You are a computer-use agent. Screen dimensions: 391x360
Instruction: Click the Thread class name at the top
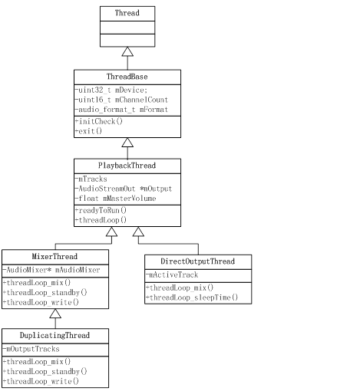127,13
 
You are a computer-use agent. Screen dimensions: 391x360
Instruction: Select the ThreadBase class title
127,77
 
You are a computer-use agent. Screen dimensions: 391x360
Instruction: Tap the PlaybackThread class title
127,166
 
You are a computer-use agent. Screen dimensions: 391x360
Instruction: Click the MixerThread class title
55,257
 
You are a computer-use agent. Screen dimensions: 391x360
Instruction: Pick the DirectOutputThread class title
197,262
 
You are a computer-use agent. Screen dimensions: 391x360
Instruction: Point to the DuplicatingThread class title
55,336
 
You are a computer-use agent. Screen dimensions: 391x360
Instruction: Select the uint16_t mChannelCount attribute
121,100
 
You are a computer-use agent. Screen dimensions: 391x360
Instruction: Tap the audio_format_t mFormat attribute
121,110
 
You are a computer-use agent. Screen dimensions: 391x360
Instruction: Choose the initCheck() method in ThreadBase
99,122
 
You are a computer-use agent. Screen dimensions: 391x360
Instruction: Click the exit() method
90,132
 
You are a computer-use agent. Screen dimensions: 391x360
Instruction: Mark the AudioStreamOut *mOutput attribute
123,189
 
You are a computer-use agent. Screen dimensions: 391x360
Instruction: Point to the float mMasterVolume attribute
115,199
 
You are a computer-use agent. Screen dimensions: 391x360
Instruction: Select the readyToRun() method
103,210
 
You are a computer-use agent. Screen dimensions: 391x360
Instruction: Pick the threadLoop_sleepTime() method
193,297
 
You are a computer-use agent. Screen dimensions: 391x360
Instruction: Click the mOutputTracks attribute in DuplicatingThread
32,349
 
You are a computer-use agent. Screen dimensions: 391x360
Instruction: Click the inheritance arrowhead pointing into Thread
127,51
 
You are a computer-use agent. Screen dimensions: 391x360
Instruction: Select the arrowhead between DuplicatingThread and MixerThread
55,314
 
